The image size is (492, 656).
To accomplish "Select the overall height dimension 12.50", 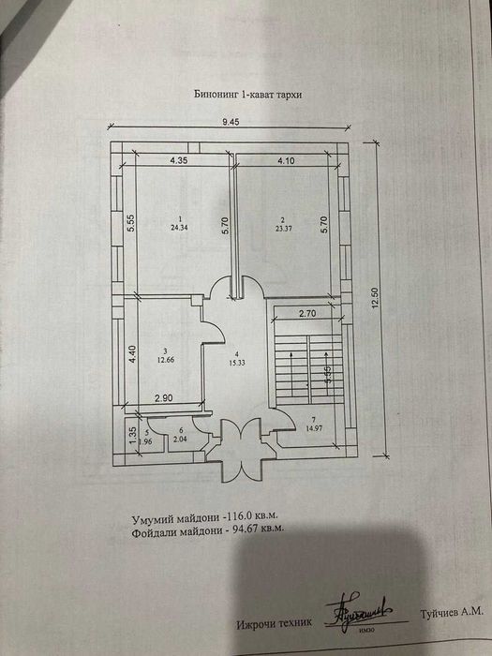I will (x=377, y=297).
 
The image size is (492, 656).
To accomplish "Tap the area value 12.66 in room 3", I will (x=167, y=356).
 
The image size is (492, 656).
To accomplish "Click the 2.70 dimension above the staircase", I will (x=310, y=315).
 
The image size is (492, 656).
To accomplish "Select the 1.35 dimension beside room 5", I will (x=131, y=433).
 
